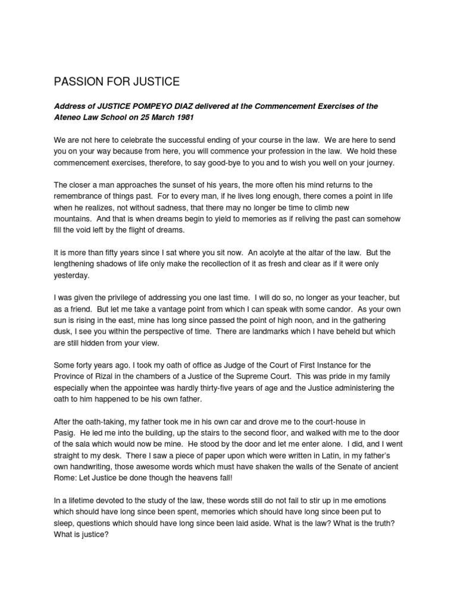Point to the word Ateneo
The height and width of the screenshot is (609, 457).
pos(69,118)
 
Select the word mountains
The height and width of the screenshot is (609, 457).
pos(74,219)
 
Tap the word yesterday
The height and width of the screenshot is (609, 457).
pos(73,275)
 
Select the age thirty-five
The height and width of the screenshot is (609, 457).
pos(244,388)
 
